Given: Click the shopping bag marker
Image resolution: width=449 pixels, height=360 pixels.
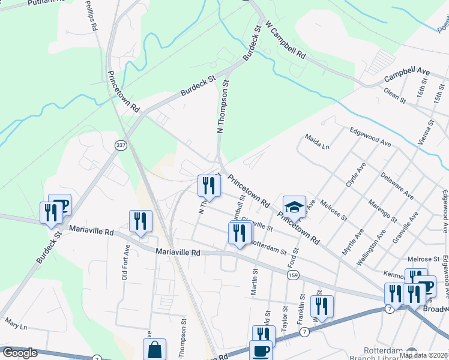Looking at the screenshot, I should (154, 350).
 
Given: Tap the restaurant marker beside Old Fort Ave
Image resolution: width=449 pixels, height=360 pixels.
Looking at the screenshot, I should (140, 221).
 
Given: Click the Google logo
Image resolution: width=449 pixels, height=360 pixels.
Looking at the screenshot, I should (20, 353).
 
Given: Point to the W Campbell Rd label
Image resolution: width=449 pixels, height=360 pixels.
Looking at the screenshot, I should (286, 41).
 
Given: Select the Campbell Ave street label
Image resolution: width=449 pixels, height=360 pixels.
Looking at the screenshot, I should (407, 75).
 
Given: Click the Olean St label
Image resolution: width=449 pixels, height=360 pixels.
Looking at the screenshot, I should (395, 95).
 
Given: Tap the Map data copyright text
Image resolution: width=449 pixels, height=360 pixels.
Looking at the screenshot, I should (423, 355).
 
